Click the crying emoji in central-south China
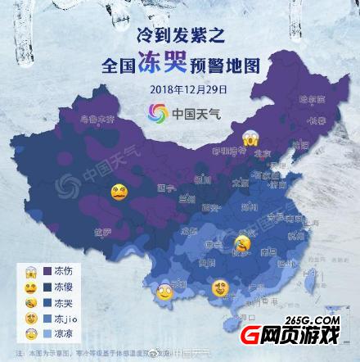[242, 243]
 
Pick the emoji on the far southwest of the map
[164, 289]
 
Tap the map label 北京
[263, 152]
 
